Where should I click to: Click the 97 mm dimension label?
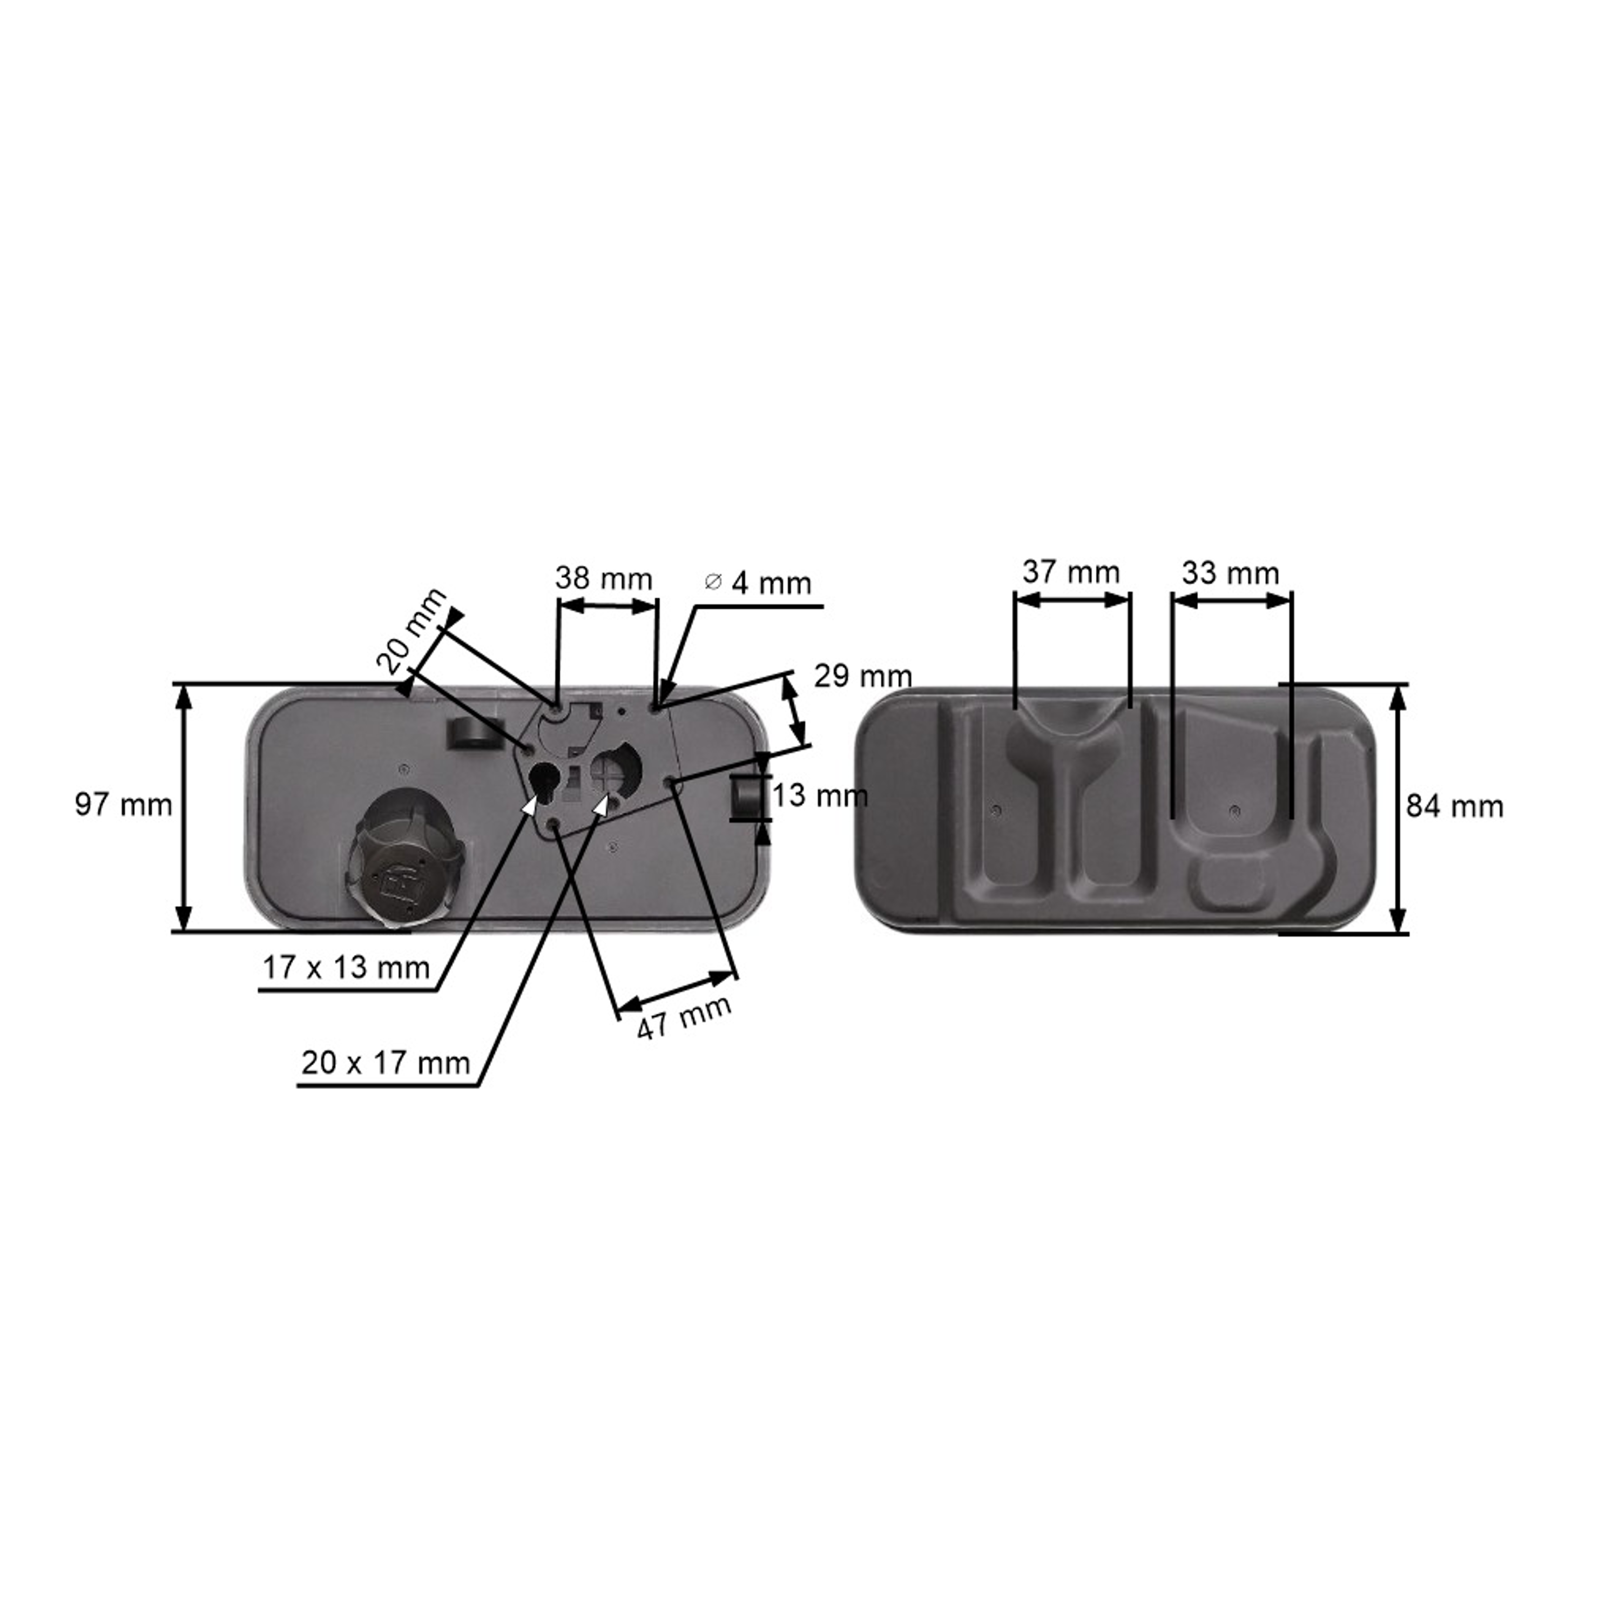123,805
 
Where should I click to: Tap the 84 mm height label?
1455,807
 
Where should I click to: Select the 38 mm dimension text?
604,578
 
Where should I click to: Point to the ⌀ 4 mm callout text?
759,583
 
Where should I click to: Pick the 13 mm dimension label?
820,795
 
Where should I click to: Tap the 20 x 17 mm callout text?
386,1063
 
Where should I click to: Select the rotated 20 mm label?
411,631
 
